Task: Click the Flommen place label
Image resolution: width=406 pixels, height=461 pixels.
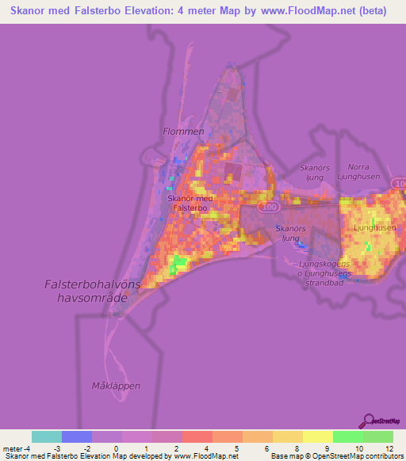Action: point(183,131)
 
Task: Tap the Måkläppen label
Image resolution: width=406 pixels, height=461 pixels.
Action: point(115,386)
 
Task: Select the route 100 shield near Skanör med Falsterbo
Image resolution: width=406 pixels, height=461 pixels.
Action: point(270,206)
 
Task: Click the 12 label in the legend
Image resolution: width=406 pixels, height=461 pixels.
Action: point(389,449)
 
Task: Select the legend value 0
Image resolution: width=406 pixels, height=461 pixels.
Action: point(116,449)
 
